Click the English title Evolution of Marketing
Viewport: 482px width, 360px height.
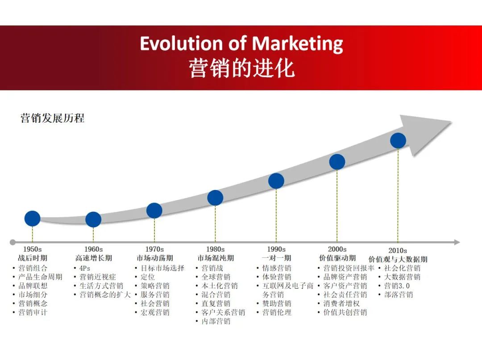click(x=241, y=44)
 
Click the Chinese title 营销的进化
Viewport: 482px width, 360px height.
click(x=241, y=69)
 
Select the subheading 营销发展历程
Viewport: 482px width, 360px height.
click(x=52, y=118)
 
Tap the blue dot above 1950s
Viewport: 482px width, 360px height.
click(x=32, y=219)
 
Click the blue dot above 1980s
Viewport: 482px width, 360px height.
click(x=215, y=198)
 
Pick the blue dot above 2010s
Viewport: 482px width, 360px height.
click(x=398, y=141)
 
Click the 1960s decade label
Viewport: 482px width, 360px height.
click(x=93, y=249)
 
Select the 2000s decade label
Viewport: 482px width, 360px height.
click(x=337, y=249)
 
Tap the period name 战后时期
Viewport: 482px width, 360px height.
click(x=33, y=258)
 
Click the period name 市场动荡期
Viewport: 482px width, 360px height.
click(x=154, y=258)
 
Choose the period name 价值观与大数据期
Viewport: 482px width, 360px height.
click(x=398, y=259)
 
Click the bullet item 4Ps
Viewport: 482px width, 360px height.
click(x=85, y=268)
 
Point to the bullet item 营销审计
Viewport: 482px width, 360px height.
click(x=33, y=312)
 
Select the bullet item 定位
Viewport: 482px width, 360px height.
click(x=148, y=277)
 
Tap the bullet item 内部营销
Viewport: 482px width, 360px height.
click(x=216, y=321)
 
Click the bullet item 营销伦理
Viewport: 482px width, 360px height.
click(x=277, y=312)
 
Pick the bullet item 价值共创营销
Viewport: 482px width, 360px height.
click(x=345, y=312)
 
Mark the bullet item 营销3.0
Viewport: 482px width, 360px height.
click(x=397, y=286)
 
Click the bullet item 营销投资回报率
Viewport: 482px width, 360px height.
click(x=349, y=268)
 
